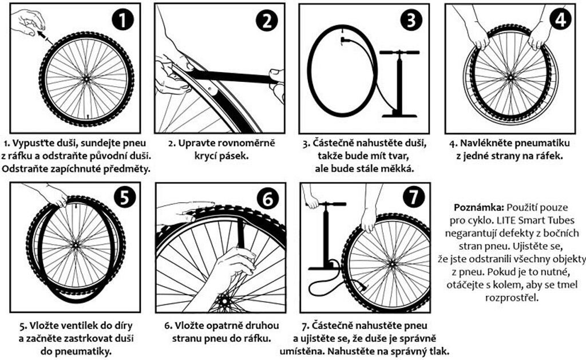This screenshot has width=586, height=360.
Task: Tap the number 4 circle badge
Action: click(x=560, y=19)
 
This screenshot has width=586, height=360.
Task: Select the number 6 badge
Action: click(x=268, y=199)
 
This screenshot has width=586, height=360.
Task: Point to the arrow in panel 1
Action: click(x=43, y=37)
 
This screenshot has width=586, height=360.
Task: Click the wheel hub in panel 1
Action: click(x=87, y=79)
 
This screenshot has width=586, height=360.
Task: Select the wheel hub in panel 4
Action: click(x=510, y=77)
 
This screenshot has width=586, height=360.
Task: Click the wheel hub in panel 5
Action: click(x=76, y=245)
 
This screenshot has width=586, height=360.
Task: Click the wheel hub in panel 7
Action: click(x=391, y=263)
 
